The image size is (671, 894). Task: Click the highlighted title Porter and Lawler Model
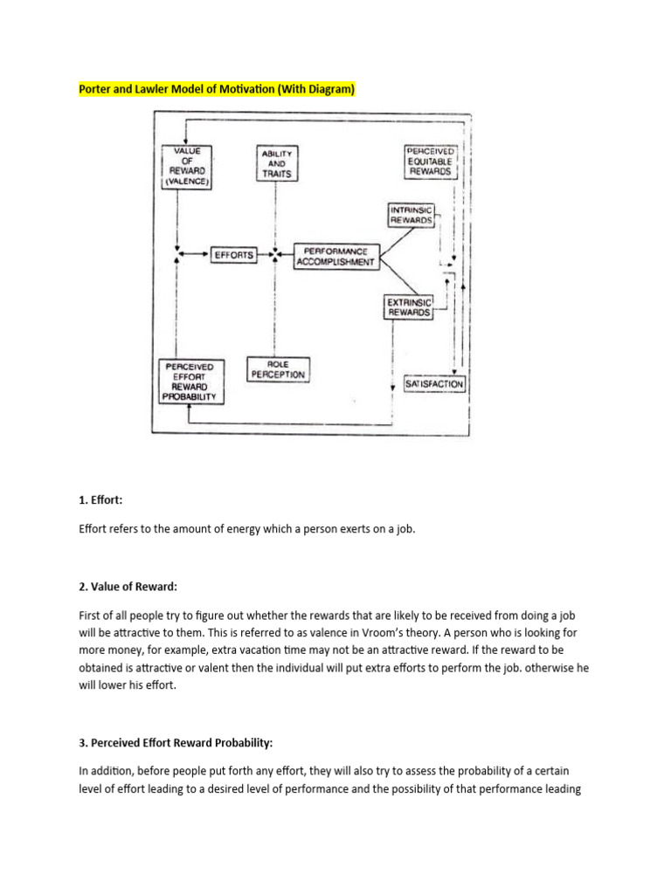(218, 89)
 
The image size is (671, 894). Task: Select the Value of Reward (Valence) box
(188, 167)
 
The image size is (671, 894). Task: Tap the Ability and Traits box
(277, 163)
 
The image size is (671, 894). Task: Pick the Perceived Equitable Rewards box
(431, 162)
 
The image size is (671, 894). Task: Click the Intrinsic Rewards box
(411, 215)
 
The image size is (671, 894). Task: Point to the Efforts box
(233, 255)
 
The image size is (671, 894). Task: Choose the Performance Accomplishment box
(335, 255)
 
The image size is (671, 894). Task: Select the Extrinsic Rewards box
(408, 306)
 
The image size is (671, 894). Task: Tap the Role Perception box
(278, 368)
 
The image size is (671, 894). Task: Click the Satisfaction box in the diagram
(435, 383)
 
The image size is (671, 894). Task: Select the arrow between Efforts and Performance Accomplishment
(266, 255)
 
